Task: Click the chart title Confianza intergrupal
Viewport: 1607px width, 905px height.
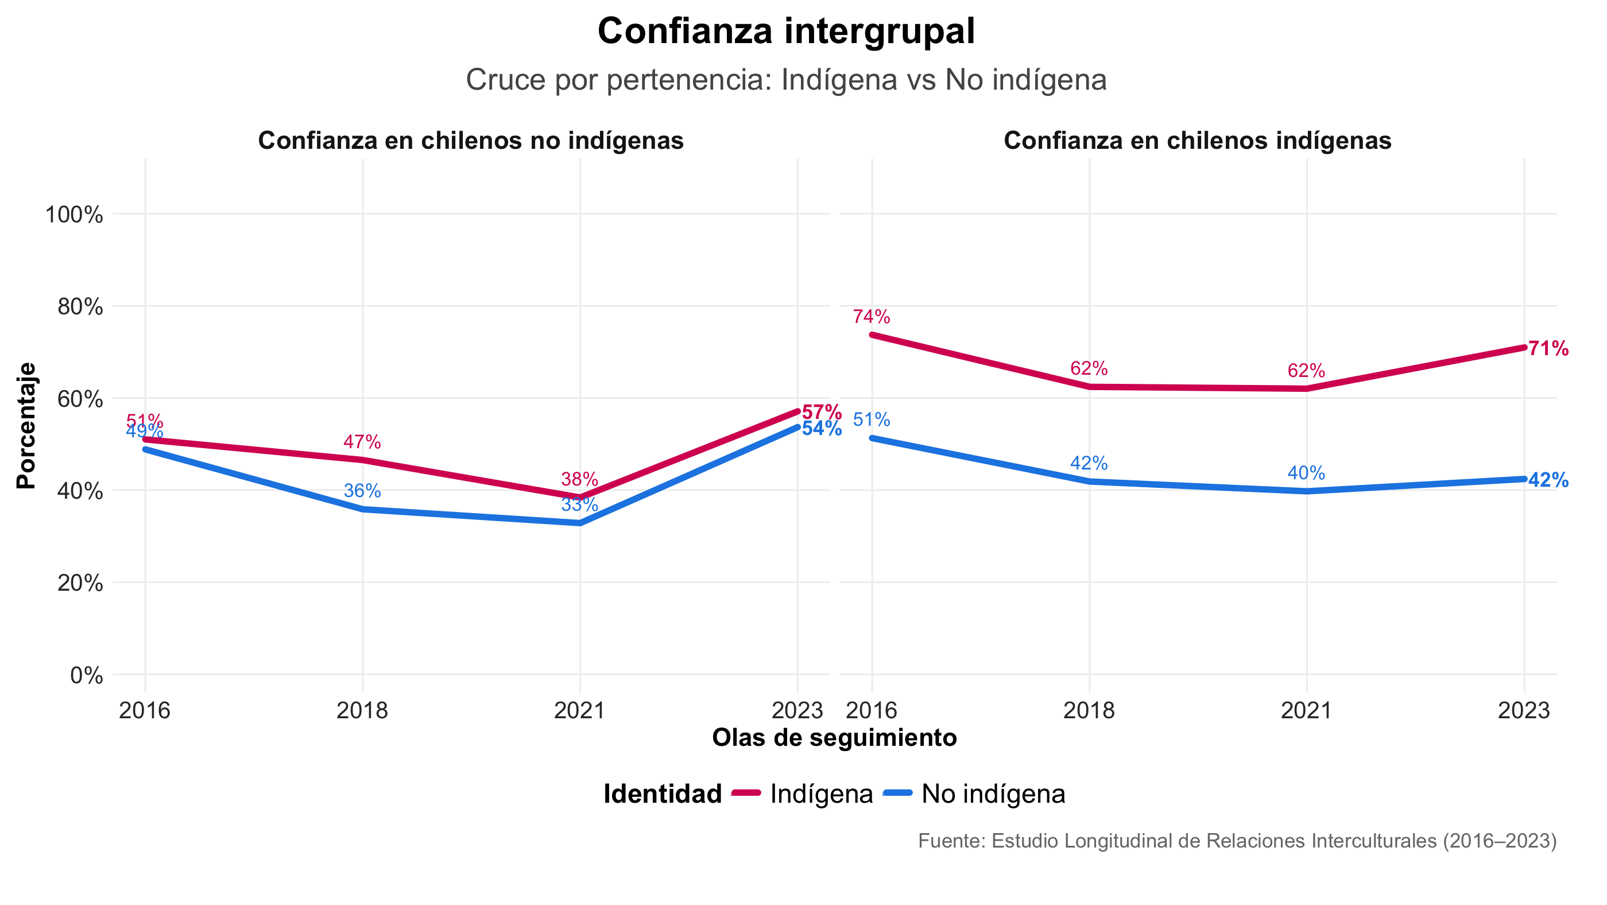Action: coord(785,31)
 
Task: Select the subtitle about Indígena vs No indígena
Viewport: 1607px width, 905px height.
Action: coord(785,80)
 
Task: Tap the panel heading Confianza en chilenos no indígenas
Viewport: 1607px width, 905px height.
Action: coord(470,140)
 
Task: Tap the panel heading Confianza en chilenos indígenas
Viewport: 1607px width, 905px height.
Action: coord(1197,140)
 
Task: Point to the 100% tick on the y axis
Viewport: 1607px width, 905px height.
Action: coord(73,215)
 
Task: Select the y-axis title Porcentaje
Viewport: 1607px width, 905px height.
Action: coord(26,426)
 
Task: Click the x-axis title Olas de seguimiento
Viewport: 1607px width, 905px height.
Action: coord(834,737)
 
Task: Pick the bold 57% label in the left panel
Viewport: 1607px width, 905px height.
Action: coord(821,412)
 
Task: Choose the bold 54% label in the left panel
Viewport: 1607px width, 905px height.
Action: coord(821,429)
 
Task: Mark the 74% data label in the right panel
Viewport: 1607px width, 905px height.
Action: coord(871,317)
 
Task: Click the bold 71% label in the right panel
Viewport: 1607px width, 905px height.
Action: coord(1548,348)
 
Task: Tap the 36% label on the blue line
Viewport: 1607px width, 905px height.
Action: coord(362,491)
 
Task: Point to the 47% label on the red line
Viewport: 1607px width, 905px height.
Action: coord(362,442)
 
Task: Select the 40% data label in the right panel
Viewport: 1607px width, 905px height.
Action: coord(1306,473)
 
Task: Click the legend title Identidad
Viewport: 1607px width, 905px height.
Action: coord(662,794)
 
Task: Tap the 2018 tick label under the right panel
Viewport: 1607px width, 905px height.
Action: coord(1089,710)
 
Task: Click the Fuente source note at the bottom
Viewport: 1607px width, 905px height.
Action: coord(1237,841)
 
